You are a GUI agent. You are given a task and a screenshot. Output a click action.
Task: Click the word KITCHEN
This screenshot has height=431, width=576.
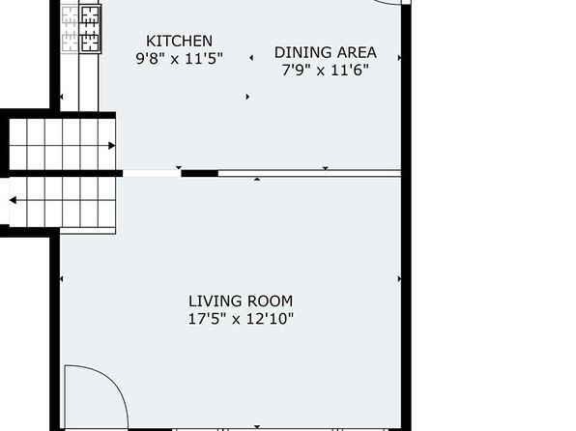[x=179, y=41]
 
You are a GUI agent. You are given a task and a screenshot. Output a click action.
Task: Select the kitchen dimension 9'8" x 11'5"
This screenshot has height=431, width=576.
[x=179, y=58]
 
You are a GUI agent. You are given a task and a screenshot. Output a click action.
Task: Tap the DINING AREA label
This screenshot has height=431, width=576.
[x=326, y=52]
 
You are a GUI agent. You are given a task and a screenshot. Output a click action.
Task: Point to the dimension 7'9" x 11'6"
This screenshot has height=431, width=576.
[x=325, y=70]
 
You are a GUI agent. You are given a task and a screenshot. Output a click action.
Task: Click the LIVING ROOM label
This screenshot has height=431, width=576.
[x=241, y=302]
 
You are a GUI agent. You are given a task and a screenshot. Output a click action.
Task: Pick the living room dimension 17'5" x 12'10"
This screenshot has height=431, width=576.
[x=241, y=319]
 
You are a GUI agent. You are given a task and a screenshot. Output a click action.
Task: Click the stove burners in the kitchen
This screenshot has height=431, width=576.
[x=91, y=30]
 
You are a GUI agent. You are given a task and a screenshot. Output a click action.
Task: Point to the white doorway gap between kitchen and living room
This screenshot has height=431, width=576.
[x=152, y=173]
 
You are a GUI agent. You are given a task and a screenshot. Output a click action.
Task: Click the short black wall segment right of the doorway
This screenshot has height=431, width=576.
[x=200, y=173]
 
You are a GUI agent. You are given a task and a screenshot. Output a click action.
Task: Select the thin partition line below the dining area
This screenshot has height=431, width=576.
[x=309, y=173]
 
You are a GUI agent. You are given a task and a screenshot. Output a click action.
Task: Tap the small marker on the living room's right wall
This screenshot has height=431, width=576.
[x=399, y=279]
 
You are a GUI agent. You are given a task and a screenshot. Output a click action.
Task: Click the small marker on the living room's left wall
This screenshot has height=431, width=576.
[x=61, y=279]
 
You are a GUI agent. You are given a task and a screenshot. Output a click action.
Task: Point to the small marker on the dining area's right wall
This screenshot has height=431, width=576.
[x=399, y=58]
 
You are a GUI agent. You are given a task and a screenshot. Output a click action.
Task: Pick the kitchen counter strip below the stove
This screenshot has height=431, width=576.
[x=89, y=82]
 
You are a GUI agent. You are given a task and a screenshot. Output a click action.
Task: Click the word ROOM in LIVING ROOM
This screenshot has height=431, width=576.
[x=270, y=302]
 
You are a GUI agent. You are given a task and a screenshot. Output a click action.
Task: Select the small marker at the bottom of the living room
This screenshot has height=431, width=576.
[x=257, y=427]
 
